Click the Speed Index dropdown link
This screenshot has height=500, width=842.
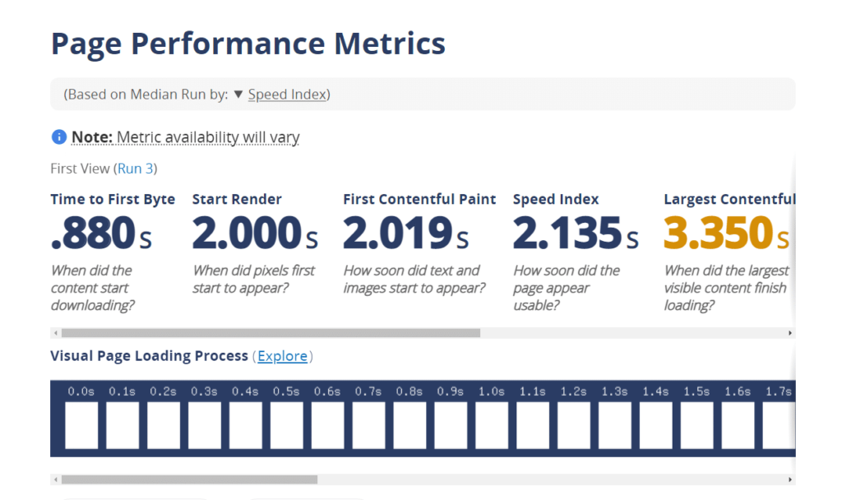click(x=286, y=95)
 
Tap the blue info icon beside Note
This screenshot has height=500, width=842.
click(x=58, y=137)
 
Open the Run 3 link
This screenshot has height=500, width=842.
click(x=136, y=169)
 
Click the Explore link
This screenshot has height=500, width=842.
click(x=283, y=356)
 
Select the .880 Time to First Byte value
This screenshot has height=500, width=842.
click(x=92, y=234)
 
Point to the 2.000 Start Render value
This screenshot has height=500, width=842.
click(x=245, y=234)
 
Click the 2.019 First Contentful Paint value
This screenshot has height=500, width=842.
click(x=396, y=234)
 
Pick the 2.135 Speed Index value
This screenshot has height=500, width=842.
click(x=566, y=234)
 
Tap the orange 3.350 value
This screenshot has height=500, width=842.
click(x=717, y=234)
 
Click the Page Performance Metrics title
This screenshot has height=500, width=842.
click(x=248, y=44)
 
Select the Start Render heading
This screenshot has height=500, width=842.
click(x=237, y=199)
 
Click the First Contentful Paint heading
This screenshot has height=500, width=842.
click(x=419, y=199)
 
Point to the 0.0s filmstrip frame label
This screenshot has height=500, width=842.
click(x=81, y=391)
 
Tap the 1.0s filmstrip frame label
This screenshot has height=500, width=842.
click(x=492, y=391)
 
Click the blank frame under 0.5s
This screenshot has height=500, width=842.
click(x=286, y=425)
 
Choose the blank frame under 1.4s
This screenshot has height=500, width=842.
click(x=655, y=425)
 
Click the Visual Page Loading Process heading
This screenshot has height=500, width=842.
click(x=149, y=356)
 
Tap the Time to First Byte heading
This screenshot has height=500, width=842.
click(x=113, y=199)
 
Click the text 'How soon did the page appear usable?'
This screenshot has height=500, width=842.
click(x=566, y=288)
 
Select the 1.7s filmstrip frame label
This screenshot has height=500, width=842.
click(x=778, y=391)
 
